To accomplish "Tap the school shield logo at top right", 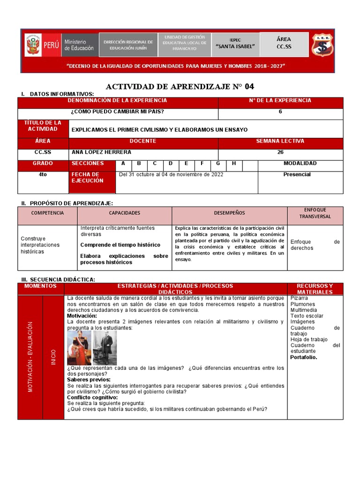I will pyautogui.click(x=323, y=45).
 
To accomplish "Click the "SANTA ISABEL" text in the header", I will pyautogui.click(x=235, y=46).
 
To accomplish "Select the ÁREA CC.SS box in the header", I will pyautogui.click(x=284, y=43).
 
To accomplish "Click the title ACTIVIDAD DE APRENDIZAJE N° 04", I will pyautogui.click(x=180, y=86).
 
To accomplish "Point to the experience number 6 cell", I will pyautogui.click(x=280, y=112).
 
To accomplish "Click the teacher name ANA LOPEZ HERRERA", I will pyautogui.click(x=101, y=152).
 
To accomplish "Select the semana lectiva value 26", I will pyautogui.click(x=280, y=152).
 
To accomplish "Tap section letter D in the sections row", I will pyautogui.click(x=171, y=164).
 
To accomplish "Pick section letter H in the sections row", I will pyautogui.click(x=234, y=164).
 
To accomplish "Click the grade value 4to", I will pyautogui.click(x=43, y=174).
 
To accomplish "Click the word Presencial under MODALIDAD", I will pyautogui.click(x=297, y=174).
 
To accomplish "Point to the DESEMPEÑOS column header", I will pyautogui.click(x=229, y=213).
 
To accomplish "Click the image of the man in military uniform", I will pyautogui.click(x=79, y=348).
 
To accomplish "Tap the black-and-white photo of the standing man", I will pyautogui.click(x=105, y=348).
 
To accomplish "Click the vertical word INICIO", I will pyautogui.click(x=53, y=357).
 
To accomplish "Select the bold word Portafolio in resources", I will pyautogui.click(x=303, y=357).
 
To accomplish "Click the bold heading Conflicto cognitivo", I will pyautogui.click(x=92, y=397).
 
